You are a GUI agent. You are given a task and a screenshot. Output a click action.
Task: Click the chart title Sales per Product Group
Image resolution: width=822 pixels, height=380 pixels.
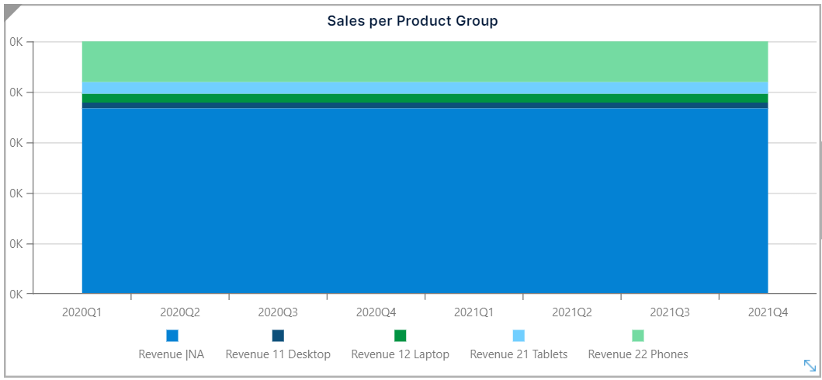click(x=412, y=21)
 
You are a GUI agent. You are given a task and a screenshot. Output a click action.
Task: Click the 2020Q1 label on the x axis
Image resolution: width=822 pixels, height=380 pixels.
click(x=82, y=312)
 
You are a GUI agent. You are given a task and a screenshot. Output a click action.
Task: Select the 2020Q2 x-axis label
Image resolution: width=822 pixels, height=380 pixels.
click(x=180, y=312)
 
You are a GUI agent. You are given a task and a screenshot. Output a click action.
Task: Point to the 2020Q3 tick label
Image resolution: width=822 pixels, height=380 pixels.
click(x=278, y=312)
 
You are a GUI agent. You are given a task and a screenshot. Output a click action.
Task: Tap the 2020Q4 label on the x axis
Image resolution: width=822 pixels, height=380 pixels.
click(x=376, y=312)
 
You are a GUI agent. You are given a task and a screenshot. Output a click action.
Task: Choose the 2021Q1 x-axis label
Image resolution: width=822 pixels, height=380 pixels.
click(x=473, y=312)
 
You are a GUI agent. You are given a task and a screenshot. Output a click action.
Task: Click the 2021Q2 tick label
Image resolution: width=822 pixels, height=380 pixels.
click(x=572, y=312)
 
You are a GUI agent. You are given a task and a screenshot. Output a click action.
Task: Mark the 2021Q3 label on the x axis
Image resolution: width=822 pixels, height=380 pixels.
click(x=670, y=312)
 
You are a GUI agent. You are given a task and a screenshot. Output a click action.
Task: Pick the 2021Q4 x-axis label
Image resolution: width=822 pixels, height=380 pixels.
click(x=768, y=312)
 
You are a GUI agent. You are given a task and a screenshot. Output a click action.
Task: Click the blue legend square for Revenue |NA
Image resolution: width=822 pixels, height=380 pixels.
click(x=172, y=336)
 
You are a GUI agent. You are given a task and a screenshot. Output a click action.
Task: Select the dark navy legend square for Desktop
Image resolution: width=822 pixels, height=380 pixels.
click(x=278, y=336)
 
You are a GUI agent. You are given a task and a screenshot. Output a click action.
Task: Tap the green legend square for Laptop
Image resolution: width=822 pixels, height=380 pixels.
click(x=401, y=336)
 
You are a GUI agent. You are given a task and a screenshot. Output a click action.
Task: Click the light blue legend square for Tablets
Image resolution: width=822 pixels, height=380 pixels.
click(x=519, y=336)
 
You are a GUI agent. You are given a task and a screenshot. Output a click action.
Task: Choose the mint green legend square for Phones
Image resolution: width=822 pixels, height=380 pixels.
click(x=638, y=336)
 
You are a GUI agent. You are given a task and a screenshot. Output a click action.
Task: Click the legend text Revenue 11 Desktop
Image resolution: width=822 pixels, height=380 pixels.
click(x=278, y=354)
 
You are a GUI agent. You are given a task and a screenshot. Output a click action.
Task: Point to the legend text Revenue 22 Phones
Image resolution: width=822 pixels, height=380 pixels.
click(x=638, y=354)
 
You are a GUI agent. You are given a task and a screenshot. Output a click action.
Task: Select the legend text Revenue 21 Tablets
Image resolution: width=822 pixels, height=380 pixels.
click(x=519, y=354)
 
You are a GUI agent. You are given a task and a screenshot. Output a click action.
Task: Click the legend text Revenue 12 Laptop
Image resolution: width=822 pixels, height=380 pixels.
click(x=401, y=354)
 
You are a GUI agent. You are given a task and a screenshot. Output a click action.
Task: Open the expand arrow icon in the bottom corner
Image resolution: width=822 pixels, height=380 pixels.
click(x=809, y=365)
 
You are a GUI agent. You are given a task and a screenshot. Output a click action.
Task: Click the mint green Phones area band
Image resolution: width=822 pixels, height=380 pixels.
click(x=425, y=61)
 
